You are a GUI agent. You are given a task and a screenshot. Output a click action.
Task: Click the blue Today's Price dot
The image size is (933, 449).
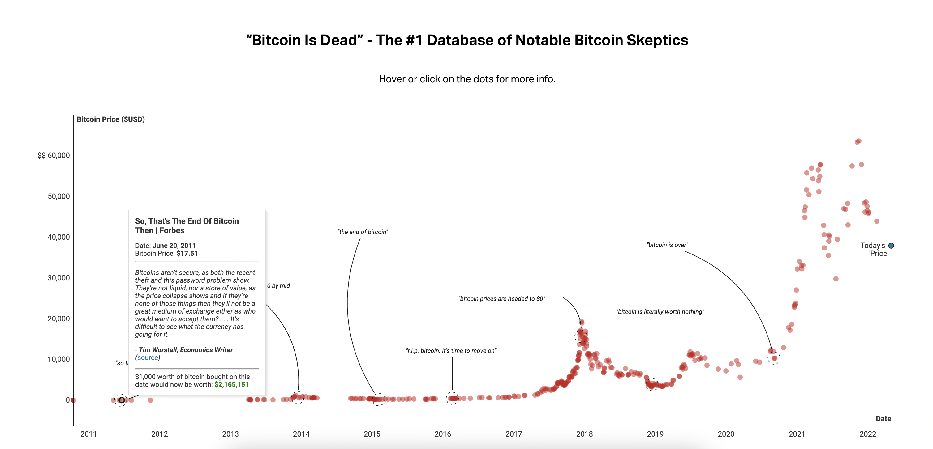[x=891, y=246]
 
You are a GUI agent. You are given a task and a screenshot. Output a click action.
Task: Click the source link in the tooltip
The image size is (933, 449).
[x=148, y=358]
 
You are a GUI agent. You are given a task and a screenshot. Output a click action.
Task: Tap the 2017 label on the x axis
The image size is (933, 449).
[x=513, y=434]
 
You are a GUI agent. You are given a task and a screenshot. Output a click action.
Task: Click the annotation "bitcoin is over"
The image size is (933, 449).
[x=667, y=245]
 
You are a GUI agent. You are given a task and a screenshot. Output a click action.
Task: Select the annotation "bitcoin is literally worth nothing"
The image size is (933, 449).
[x=660, y=312]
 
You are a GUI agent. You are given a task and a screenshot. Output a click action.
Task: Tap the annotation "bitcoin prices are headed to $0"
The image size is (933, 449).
[x=502, y=299]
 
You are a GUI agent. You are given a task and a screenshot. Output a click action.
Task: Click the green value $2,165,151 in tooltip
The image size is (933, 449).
[x=231, y=385]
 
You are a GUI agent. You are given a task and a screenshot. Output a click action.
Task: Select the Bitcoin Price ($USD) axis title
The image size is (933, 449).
[x=110, y=119]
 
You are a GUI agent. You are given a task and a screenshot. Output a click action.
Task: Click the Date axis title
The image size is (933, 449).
[x=883, y=419]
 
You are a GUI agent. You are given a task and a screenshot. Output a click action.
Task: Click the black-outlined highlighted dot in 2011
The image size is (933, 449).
[x=122, y=400]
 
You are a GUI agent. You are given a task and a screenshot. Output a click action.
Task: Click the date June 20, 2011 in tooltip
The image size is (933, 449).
[x=174, y=246]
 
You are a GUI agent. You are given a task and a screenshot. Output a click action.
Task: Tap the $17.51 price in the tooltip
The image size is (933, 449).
[x=187, y=254]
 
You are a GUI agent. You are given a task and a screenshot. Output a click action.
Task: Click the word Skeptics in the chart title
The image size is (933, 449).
[x=657, y=40]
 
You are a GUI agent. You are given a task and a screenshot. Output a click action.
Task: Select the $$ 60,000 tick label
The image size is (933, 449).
[x=54, y=155]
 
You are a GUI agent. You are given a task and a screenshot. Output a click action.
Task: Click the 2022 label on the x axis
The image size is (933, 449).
[x=867, y=434]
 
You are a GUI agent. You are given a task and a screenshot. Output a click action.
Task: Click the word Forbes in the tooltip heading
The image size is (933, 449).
[x=172, y=231]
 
